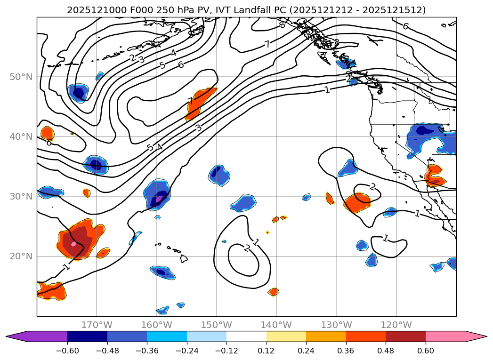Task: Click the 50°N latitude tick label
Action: tap(22, 77)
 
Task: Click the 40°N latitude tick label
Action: tap(22, 136)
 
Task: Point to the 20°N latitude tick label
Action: tap(22, 256)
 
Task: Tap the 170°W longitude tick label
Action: tap(97, 325)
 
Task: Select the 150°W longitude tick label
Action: tap(216, 325)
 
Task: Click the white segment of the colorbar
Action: tap(246, 336)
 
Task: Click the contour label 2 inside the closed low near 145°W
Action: tap(246, 248)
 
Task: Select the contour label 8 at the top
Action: tap(282, 24)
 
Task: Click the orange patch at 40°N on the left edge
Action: tap(47, 133)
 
